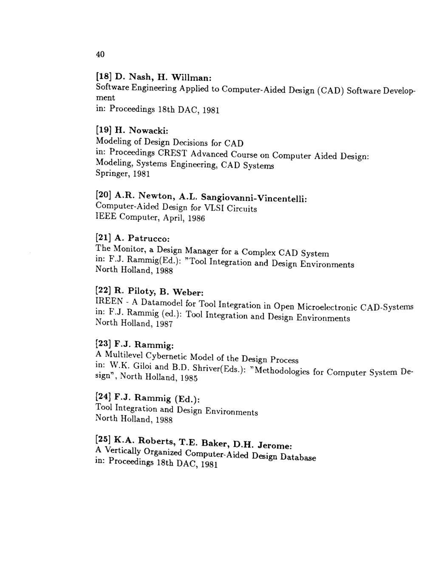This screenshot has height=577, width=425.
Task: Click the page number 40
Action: click(x=100, y=54)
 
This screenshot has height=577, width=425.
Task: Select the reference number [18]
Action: click(x=104, y=77)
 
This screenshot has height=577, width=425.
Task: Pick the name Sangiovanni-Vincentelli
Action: click(x=253, y=198)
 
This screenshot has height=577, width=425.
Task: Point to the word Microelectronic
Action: click(x=326, y=306)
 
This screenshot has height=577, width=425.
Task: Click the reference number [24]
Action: click(x=104, y=397)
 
